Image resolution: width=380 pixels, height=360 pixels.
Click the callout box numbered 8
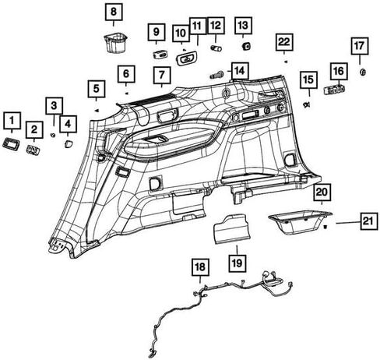coord(114,12)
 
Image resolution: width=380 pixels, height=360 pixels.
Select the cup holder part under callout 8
coord(115,42)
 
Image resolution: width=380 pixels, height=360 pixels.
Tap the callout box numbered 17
coord(360,46)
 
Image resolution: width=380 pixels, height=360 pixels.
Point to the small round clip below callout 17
coord(363,72)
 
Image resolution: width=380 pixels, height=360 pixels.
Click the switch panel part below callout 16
coord(334,90)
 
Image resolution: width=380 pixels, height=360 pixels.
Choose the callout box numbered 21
coord(369,221)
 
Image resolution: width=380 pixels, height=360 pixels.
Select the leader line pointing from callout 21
coord(348,223)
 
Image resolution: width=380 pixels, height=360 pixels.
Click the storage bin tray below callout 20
coord(300,223)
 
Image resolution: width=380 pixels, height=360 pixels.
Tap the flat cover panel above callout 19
coord(231,229)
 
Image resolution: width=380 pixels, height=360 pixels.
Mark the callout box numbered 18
coord(200,267)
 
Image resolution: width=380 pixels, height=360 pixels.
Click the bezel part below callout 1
coord(12,143)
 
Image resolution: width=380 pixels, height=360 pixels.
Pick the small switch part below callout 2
coord(33,150)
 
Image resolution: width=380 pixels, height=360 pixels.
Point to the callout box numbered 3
coord(54,106)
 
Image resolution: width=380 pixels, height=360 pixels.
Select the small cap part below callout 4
coord(69,143)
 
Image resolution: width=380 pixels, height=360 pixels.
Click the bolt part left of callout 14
coord(217,75)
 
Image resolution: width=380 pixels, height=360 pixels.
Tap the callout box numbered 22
coord(284,42)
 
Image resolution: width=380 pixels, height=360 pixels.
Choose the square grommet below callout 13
coord(246,47)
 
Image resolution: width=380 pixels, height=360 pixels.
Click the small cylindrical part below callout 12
coord(216,48)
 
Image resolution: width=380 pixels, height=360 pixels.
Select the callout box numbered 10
coord(181,34)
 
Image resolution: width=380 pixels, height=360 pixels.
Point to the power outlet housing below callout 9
coord(160,55)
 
